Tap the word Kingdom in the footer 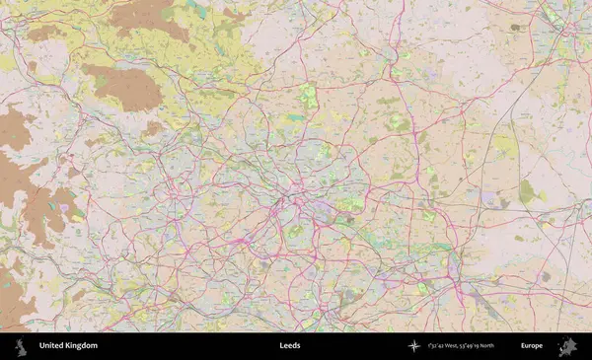(81, 346)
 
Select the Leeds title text (290, 346)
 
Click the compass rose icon (413, 346)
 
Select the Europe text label (532, 346)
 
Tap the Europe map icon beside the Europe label (567, 346)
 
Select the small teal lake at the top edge (198, 8)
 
